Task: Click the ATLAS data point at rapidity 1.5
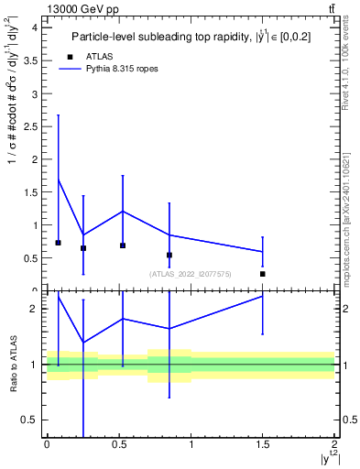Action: pyautogui.click(x=263, y=274)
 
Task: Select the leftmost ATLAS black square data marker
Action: pyautogui.click(x=59, y=243)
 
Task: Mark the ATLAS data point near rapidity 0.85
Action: pyautogui.click(x=169, y=255)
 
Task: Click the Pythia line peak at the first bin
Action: pyautogui.click(x=59, y=180)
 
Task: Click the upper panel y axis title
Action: pyautogui.click(x=13, y=156)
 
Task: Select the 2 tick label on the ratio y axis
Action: pyautogui.click(x=35, y=309)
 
